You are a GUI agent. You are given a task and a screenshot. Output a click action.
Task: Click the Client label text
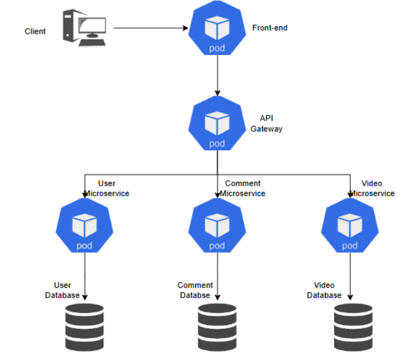[35, 31]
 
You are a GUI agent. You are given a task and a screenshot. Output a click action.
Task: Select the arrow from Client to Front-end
[150, 28]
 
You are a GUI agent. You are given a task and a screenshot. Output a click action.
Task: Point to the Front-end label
[270, 28]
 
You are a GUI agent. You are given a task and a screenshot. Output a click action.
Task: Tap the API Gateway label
[267, 123]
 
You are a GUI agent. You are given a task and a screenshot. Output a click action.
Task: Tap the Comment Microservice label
[243, 188]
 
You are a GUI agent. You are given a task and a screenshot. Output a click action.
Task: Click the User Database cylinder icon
[84, 326]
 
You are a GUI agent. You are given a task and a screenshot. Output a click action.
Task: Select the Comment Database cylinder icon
[217, 326]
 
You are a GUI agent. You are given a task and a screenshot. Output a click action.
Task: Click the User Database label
[62, 290]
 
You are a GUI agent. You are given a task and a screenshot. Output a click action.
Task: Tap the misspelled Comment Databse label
[195, 290]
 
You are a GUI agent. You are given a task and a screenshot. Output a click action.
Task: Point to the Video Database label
[324, 290]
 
